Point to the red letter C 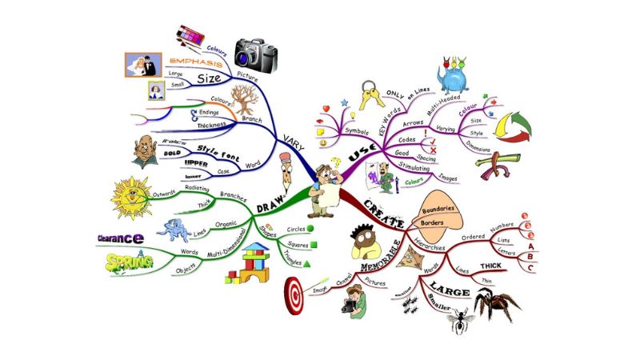(x=530, y=267)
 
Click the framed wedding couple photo (x=143, y=65)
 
